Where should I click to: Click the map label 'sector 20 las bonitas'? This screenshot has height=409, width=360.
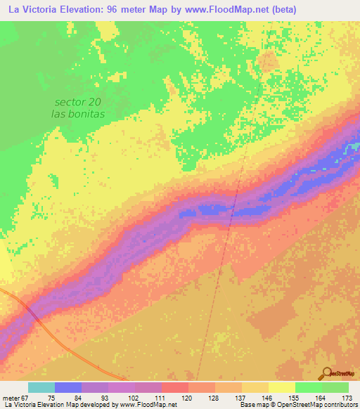tap(79, 108)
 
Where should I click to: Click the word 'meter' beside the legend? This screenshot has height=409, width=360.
tap(12, 398)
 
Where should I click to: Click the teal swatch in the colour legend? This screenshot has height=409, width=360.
tap(41, 387)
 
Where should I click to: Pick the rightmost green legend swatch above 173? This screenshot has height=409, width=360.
tap(335, 387)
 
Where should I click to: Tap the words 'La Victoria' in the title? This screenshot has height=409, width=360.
tap(32, 10)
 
